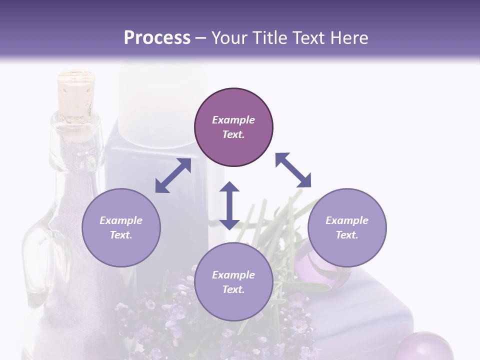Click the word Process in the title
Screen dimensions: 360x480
(157, 38)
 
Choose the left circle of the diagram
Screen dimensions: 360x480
(121, 227)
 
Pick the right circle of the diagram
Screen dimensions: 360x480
(347, 227)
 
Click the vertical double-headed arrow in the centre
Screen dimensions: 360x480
(229, 205)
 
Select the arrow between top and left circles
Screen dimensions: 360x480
(173, 175)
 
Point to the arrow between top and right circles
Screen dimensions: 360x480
(293, 170)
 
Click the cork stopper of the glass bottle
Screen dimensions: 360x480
(76, 92)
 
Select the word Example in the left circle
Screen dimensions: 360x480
(121, 220)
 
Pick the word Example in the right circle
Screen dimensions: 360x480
(347, 220)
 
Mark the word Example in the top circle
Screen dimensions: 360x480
(233, 120)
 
